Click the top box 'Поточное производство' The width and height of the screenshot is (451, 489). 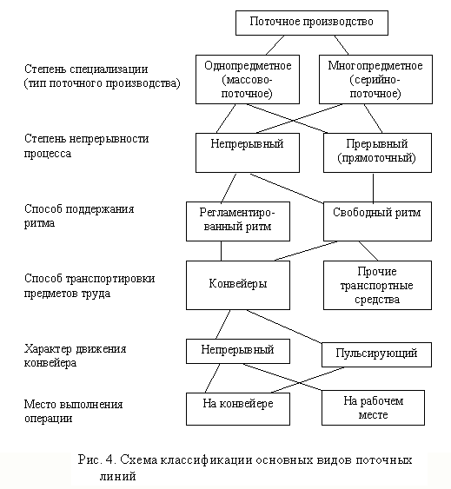311,23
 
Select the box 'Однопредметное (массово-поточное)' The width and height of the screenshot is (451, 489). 248,80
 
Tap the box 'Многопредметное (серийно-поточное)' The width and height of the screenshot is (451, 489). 375,80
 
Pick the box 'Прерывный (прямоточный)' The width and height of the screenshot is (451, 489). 377,153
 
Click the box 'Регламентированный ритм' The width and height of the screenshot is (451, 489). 238,221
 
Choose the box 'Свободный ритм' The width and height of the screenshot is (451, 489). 377,221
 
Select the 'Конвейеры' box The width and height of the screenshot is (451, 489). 238,286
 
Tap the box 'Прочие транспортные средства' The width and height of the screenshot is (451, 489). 377,286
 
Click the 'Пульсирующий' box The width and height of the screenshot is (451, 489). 376,355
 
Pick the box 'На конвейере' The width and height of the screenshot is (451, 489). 238,409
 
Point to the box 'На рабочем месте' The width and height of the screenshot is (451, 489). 373,407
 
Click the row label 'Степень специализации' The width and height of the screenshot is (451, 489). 86,69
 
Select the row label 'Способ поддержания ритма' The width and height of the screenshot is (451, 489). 79,215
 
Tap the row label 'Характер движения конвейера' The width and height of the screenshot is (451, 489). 76,355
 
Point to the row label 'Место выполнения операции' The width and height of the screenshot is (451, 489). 73,411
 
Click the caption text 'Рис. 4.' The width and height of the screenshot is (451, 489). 97,459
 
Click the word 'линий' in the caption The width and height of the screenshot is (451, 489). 118,476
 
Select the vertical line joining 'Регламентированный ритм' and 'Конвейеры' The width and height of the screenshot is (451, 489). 222,251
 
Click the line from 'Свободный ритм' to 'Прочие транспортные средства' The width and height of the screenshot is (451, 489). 368,251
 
